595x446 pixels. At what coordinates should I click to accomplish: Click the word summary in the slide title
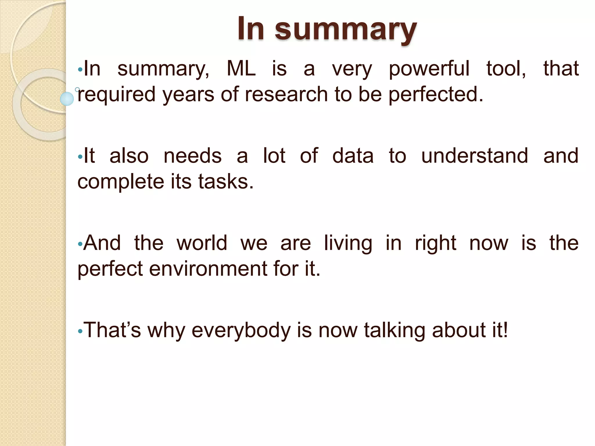(346, 29)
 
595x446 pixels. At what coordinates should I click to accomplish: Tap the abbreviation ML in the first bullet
(241, 69)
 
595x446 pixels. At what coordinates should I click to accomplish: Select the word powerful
(429, 69)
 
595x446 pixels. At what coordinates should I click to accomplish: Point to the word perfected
(436, 94)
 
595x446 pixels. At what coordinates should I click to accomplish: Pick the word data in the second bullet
(353, 156)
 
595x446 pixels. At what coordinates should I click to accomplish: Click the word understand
(474, 156)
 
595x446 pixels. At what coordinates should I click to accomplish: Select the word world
(202, 243)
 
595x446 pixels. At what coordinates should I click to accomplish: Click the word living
(348, 243)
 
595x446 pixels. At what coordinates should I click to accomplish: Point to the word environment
(208, 269)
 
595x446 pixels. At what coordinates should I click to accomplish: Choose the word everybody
(241, 330)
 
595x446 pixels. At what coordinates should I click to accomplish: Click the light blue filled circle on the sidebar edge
(67, 99)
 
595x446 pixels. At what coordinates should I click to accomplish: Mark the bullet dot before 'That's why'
(80, 331)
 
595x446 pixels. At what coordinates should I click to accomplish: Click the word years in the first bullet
(188, 94)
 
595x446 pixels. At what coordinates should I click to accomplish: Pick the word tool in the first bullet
(506, 69)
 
